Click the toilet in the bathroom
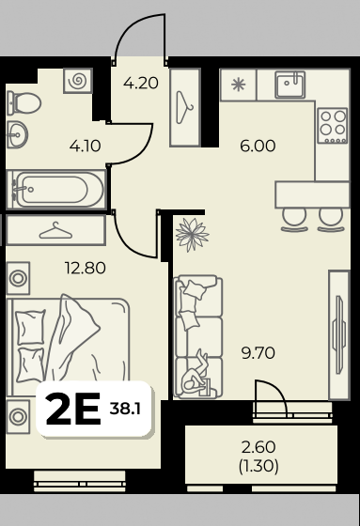(x=23, y=103)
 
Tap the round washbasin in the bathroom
(x=18, y=135)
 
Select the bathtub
(x=56, y=190)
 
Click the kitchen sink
(x=290, y=85)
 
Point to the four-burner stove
(x=333, y=126)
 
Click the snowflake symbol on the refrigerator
(x=239, y=85)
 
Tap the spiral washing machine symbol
(x=78, y=81)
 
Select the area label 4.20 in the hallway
(x=141, y=83)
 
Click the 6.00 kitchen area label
(x=258, y=146)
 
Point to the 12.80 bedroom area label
(x=86, y=268)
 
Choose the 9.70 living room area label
(x=258, y=353)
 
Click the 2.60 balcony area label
(x=258, y=447)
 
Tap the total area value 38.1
(x=125, y=409)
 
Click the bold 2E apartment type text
(x=73, y=409)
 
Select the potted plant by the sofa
(x=193, y=235)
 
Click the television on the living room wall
(x=339, y=334)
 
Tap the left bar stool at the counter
(x=294, y=221)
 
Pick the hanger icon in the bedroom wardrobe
(x=55, y=231)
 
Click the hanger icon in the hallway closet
(x=185, y=107)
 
